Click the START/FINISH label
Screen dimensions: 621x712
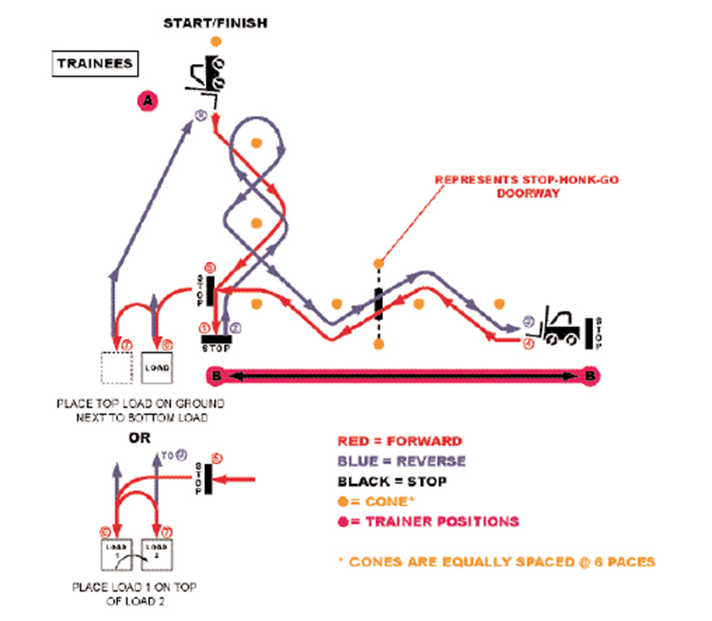click(215, 23)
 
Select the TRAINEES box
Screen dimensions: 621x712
click(94, 62)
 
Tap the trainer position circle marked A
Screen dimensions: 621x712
click(147, 100)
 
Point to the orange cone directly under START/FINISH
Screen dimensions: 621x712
click(215, 40)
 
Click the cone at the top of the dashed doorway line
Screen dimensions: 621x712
click(378, 263)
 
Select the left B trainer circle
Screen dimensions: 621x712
click(216, 376)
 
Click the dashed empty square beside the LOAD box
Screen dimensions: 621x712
click(116, 368)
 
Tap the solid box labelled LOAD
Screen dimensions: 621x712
click(158, 368)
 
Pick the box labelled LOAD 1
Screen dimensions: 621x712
click(116, 554)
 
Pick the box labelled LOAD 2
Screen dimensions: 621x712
click(159, 554)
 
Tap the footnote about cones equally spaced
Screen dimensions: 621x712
click(502, 562)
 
